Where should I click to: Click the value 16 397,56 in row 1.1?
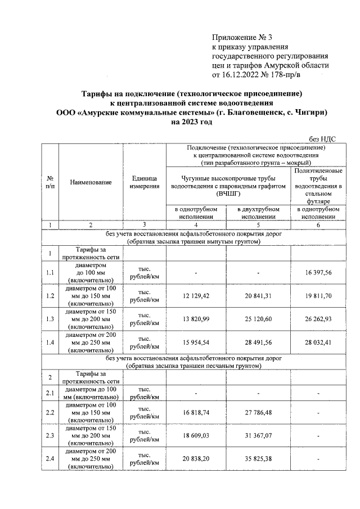319,272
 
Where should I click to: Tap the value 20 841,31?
258,296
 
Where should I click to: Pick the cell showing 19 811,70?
319,296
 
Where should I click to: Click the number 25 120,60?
258,319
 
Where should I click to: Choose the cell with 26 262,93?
319,319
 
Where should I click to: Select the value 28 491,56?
258,343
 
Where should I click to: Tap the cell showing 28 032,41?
319,343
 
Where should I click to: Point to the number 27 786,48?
258,412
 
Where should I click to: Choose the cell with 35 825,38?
258,459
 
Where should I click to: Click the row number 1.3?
50,319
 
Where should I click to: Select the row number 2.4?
50,459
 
